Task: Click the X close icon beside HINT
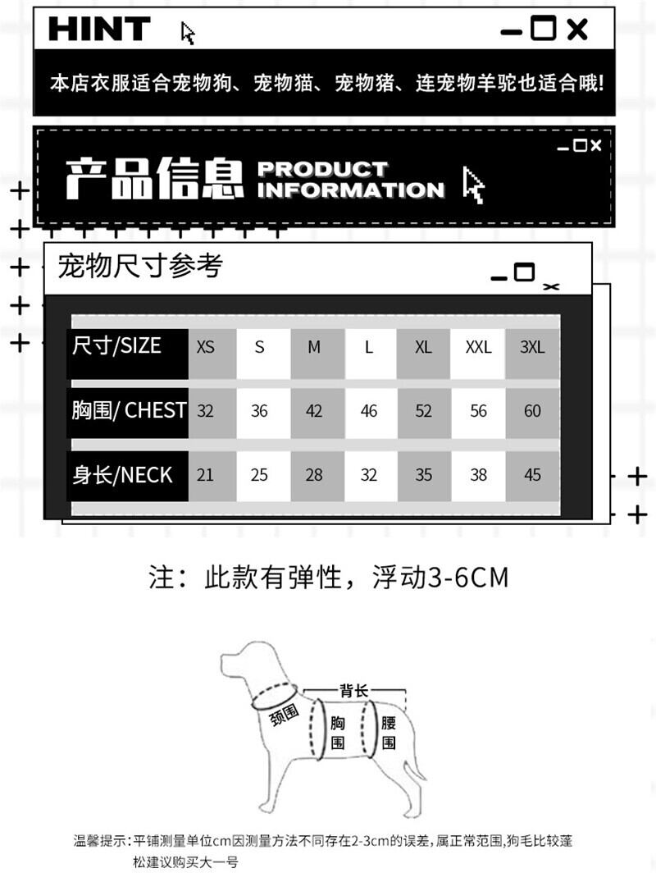click(x=577, y=30)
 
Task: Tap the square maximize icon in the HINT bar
click(x=543, y=29)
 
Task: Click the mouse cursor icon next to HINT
click(x=188, y=34)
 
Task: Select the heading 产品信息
click(x=154, y=179)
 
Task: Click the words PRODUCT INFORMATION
click(x=350, y=180)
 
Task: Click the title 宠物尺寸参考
click(x=140, y=267)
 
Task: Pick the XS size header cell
click(x=205, y=347)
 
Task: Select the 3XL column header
click(x=532, y=347)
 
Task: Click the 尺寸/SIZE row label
click(x=117, y=345)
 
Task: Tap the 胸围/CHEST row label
click(x=129, y=410)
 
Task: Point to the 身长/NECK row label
click(x=122, y=474)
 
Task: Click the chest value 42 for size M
click(x=314, y=411)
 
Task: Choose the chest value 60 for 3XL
click(x=532, y=411)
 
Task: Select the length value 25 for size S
click(x=259, y=475)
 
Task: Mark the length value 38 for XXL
click(x=478, y=475)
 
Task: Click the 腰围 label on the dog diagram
click(x=389, y=733)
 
